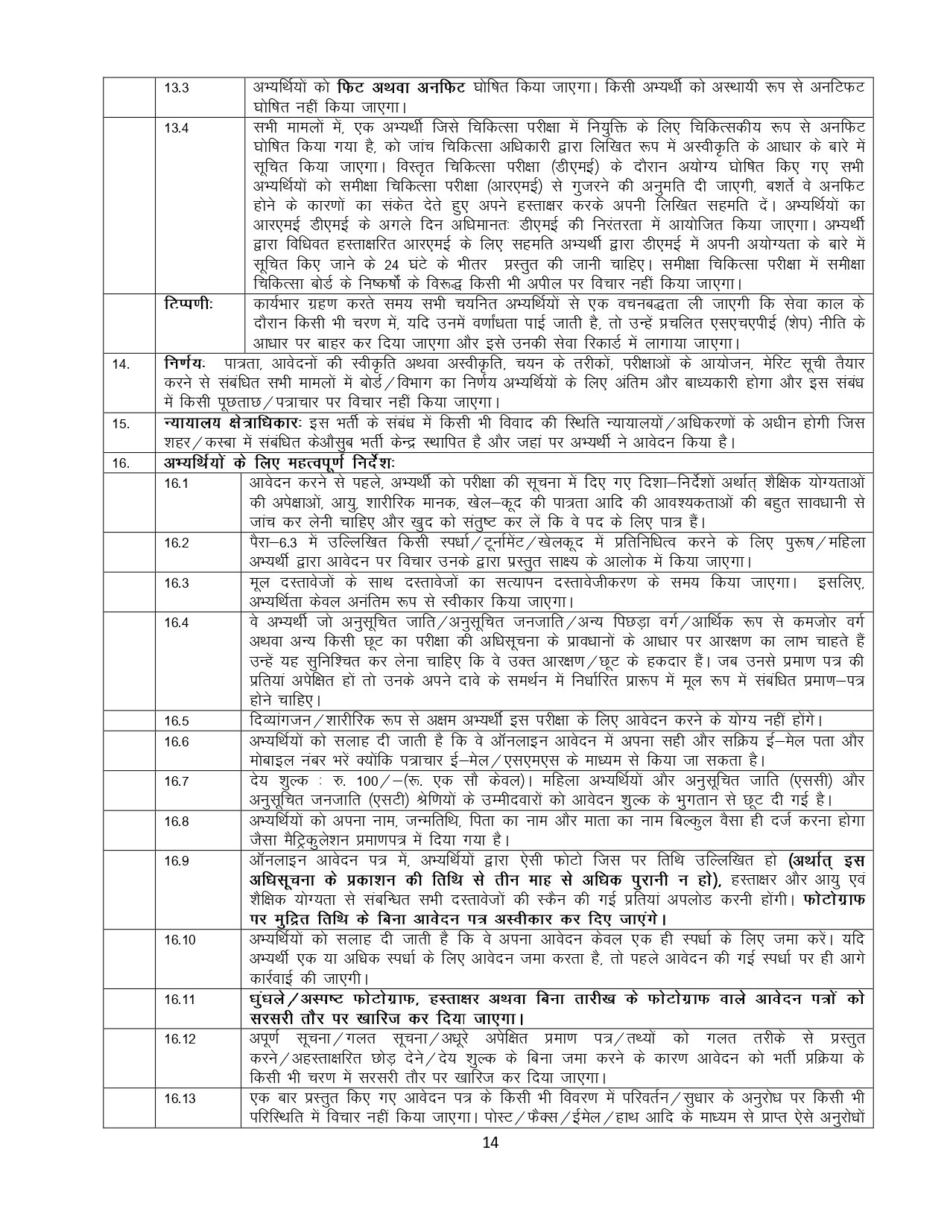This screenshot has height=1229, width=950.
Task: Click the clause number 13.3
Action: (176, 87)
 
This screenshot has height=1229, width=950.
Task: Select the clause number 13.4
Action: (176, 127)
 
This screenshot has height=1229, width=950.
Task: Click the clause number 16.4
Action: (176, 623)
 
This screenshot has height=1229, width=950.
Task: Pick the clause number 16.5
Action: (176, 721)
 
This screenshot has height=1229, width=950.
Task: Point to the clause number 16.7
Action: (176, 781)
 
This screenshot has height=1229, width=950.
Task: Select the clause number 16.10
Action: (179, 940)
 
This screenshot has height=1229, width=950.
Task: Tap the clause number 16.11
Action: (179, 1000)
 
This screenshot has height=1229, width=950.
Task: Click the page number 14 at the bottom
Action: (490, 1144)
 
